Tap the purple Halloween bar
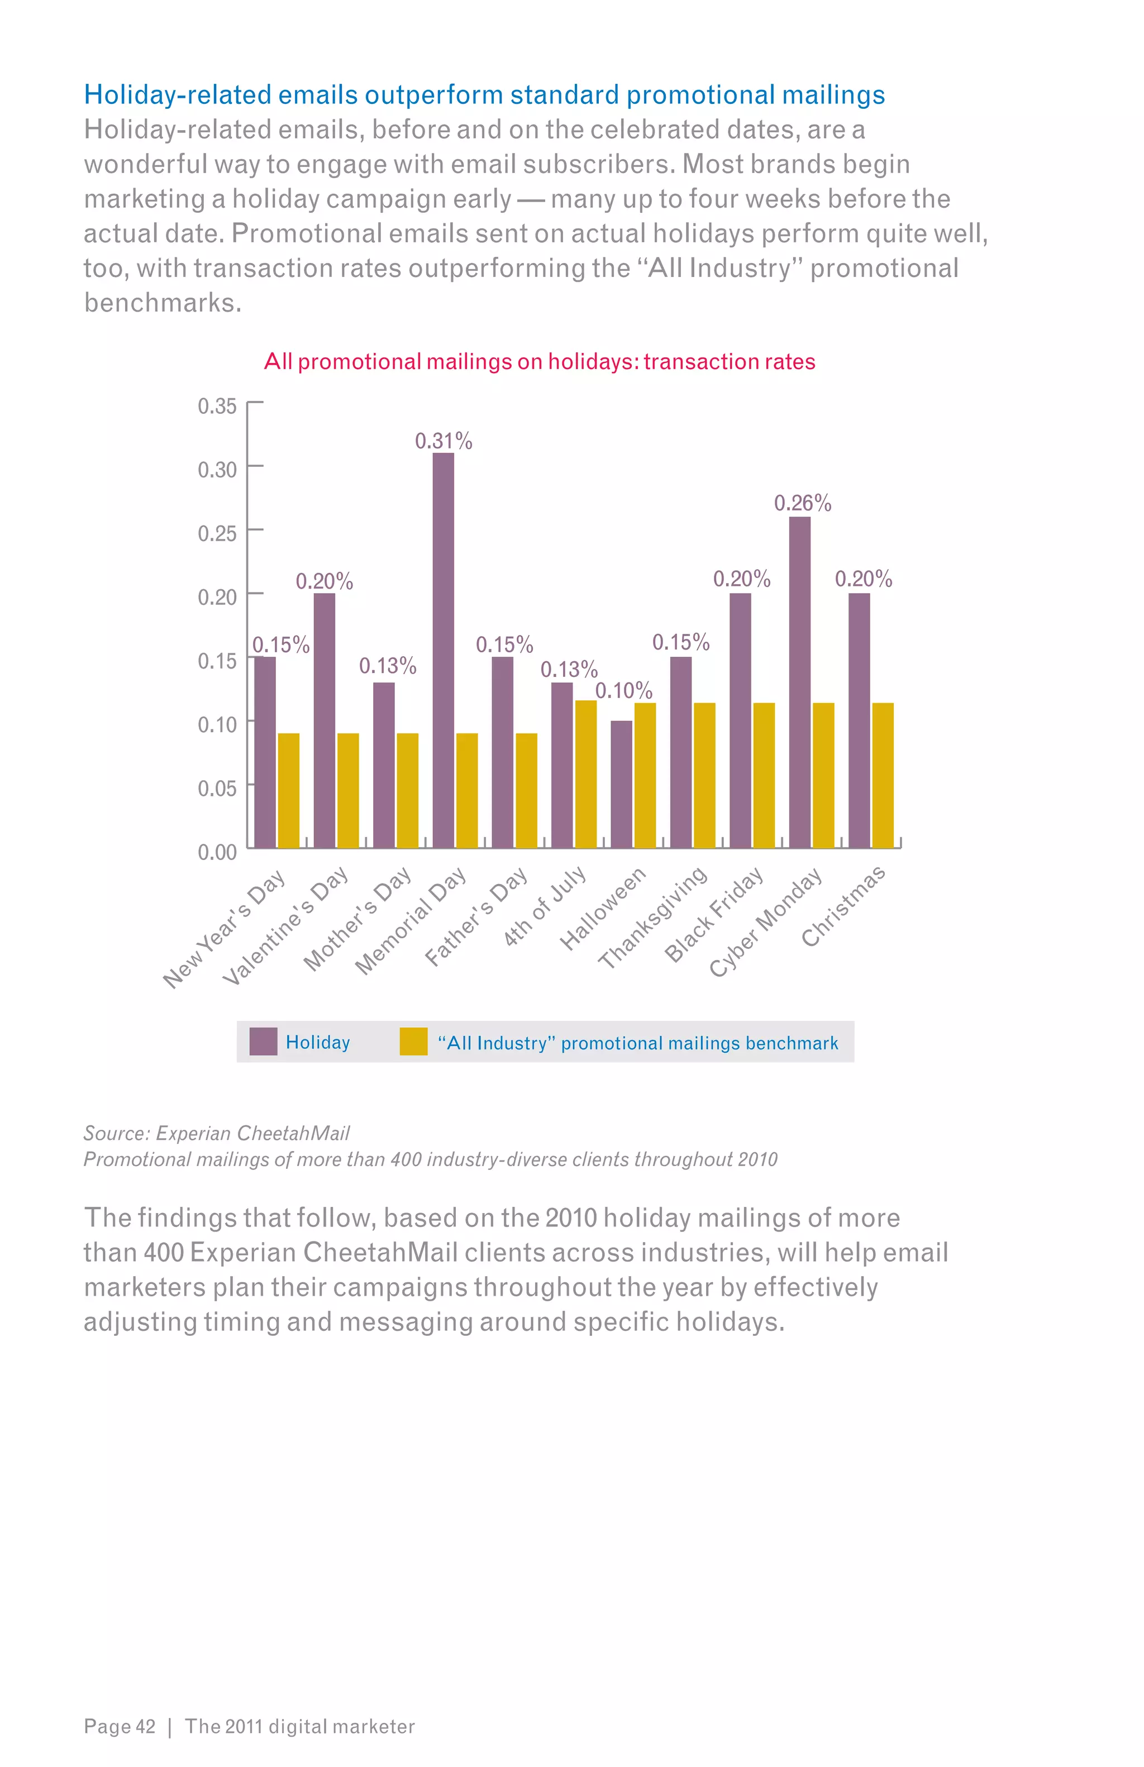click(x=621, y=784)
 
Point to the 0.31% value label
click(x=443, y=441)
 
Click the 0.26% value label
click(x=803, y=503)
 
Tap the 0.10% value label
click(x=623, y=691)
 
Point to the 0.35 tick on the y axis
click(x=217, y=406)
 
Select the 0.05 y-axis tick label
click(x=217, y=788)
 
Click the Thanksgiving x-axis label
click(x=652, y=918)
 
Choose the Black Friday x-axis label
click(x=713, y=915)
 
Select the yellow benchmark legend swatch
click(x=413, y=1041)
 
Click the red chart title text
click(x=540, y=361)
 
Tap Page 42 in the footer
click(x=120, y=1726)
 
